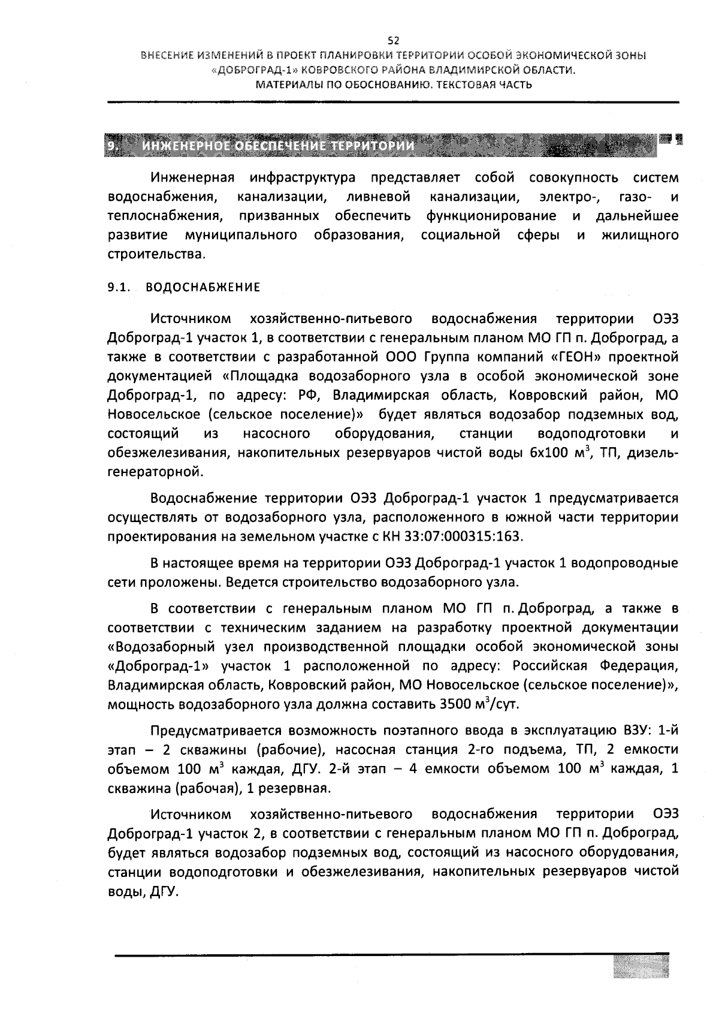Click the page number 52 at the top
click(x=393, y=41)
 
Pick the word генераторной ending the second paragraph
click(x=155, y=472)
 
